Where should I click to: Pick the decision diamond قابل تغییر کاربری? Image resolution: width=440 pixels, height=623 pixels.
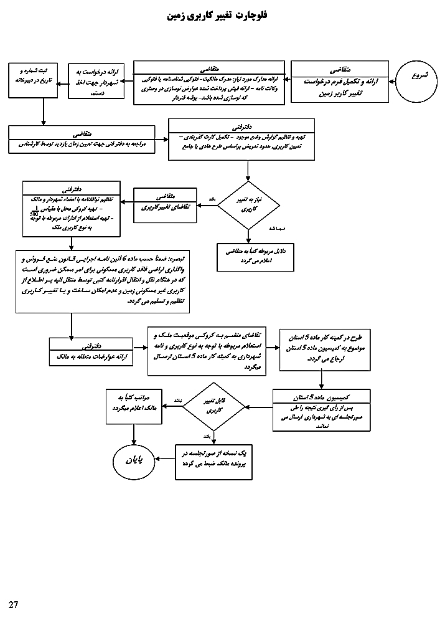[x=213, y=406]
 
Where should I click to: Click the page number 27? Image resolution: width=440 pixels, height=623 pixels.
[x=14, y=604]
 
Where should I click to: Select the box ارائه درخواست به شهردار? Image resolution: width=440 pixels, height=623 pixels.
[x=95, y=81]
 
